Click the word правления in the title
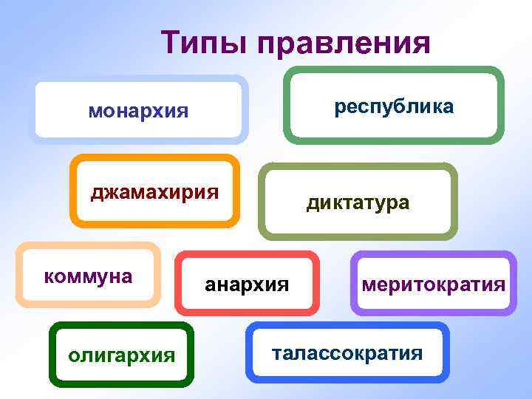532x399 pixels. point(344,43)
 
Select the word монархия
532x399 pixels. point(138,112)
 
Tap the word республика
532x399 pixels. point(394,106)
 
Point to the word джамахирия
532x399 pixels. point(154,193)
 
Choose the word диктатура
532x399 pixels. point(358,202)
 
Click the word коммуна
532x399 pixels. point(88,276)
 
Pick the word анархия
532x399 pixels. point(247,283)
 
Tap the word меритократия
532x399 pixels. point(433,284)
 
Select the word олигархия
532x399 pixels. point(121,355)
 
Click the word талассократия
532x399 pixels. point(347,352)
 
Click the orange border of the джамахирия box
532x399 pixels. point(155,157)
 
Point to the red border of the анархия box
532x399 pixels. point(247,255)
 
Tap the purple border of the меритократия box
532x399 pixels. point(433,255)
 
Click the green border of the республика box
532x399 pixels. point(394,70)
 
